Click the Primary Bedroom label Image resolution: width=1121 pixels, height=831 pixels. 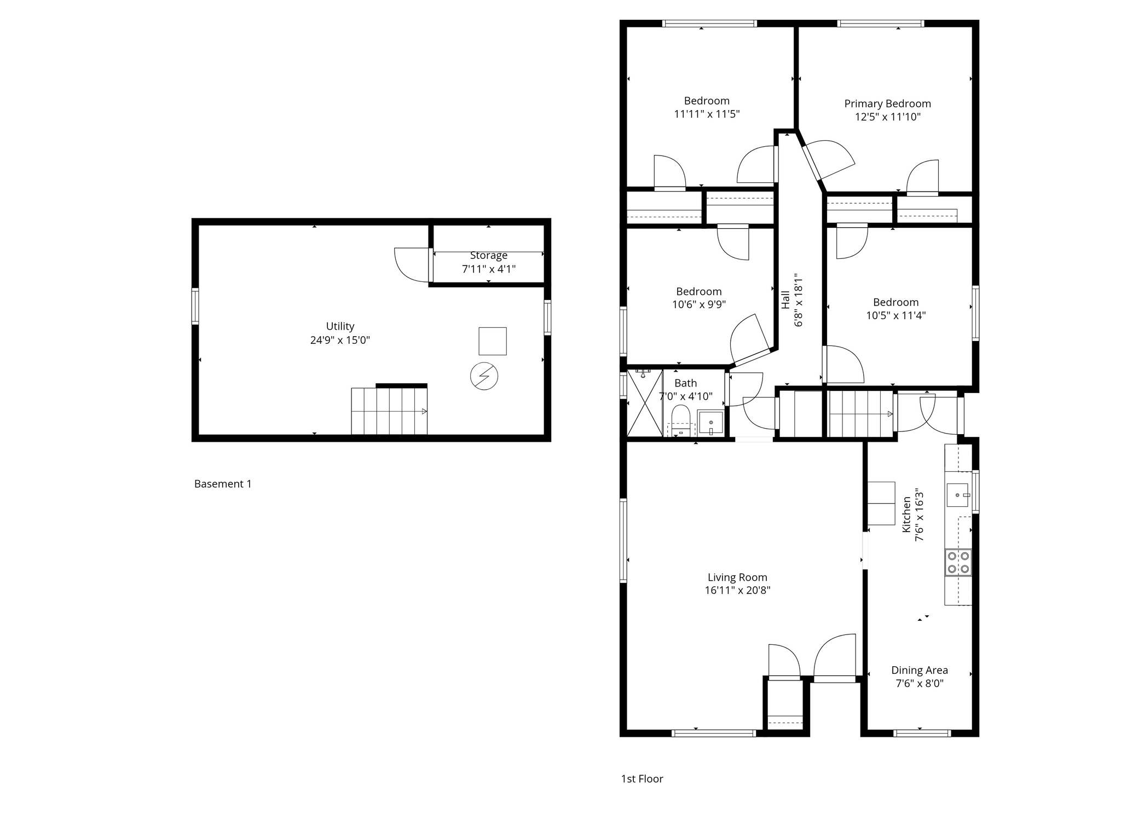click(887, 103)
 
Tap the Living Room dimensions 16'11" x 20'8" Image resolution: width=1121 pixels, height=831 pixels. click(737, 590)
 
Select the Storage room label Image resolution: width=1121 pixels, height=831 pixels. click(488, 256)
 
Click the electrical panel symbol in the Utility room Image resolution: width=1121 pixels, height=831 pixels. click(484, 376)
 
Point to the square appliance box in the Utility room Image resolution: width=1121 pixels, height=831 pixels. click(492, 341)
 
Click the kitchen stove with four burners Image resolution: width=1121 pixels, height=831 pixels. click(958, 562)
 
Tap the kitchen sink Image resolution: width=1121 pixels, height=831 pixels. click(958, 495)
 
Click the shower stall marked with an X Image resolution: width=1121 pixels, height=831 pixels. click(644, 403)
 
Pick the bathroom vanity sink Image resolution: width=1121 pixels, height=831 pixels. click(710, 423)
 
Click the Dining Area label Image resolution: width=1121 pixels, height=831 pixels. click(919, 670)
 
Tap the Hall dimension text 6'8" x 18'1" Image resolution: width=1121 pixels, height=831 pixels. click(799, 300)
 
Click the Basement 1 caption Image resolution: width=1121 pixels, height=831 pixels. click(223, 484)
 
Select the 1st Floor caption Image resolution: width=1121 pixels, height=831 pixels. click(642, 778)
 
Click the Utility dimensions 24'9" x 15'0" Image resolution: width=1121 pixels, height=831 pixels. click(340, 340)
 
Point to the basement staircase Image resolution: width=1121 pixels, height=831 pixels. click(389, 411)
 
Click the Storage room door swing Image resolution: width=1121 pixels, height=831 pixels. click(412, 264)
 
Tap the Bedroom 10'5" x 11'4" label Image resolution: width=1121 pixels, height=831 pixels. click(895, 302)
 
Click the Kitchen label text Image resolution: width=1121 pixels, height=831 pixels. click(906, 514)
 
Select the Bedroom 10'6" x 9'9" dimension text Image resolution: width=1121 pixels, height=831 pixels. click(699, 304)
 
